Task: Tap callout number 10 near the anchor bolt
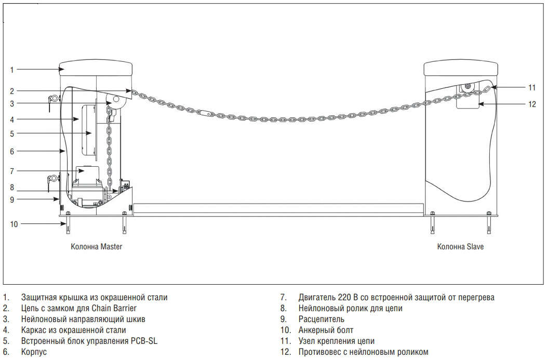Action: pos(14,224)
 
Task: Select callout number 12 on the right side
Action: pos(531,104)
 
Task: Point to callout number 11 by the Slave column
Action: pos(531,87)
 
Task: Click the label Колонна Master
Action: pos(97,247)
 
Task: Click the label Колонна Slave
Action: pos(460,247)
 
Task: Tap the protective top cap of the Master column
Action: pos(97,68)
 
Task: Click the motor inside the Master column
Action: pos(88,175)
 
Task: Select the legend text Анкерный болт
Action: pos(326,330)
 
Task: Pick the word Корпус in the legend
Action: pos(34,352)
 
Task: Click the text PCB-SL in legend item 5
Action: pos(143,341)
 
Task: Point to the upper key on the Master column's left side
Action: pos(52,99)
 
